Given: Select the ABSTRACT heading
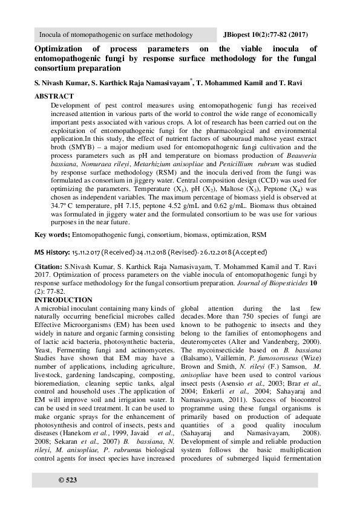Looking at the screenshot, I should point(54,96).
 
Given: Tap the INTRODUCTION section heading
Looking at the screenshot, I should point(64,300).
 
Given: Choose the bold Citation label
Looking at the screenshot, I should point(48,266).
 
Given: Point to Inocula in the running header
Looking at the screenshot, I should point(51,35).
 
